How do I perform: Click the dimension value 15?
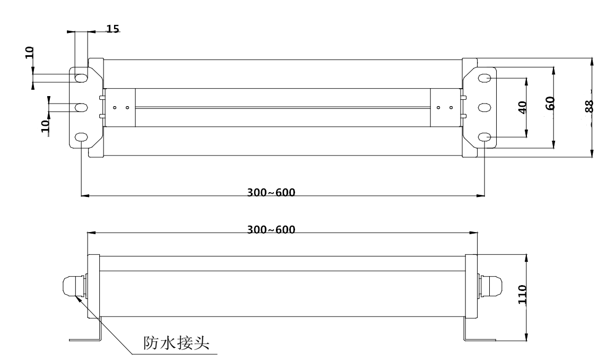[112, 29]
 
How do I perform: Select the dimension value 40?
[522, 108]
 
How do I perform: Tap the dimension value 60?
[549, 103]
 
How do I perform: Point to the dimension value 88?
[588, 106]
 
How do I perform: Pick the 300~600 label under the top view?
[271, 192]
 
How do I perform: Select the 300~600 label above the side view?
[271, 229]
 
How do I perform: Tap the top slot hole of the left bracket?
[81, 78]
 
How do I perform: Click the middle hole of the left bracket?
[81, 108]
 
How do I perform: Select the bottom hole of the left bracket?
[81, 138]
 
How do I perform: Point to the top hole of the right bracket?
[485, 78]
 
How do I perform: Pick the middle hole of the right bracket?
[485, 108]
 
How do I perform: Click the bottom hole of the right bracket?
[485, 138]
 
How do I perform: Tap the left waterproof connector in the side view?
[73, 287]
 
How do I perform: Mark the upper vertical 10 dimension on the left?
[29, 52]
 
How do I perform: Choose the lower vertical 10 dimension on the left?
[46, 125]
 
